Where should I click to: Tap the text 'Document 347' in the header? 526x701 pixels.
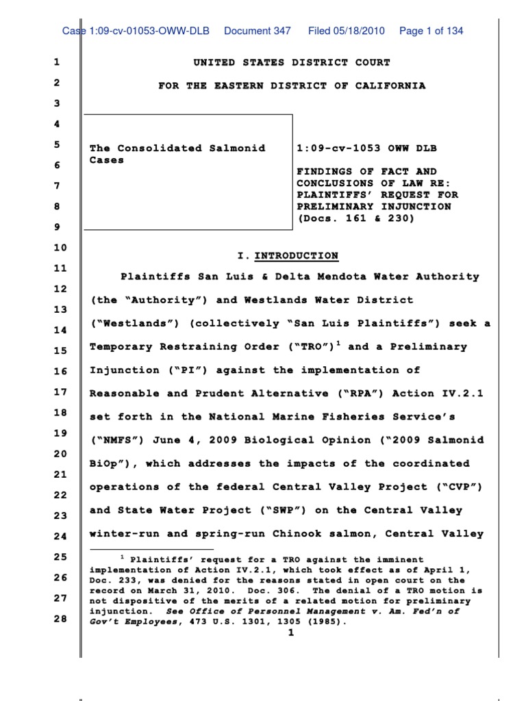click(x=258, y=31)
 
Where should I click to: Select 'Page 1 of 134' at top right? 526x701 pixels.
click(x=431, y=31)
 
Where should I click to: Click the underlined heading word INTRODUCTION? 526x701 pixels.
click(x=297, y=256)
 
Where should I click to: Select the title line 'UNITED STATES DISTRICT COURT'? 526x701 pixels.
click(x=292, y=62)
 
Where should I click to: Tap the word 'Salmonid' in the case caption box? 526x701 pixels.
click(x=236, y=148)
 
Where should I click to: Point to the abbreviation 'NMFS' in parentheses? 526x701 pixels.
click(x=114, y=440)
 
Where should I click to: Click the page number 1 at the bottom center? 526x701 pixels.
click(x=290, y=633)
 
